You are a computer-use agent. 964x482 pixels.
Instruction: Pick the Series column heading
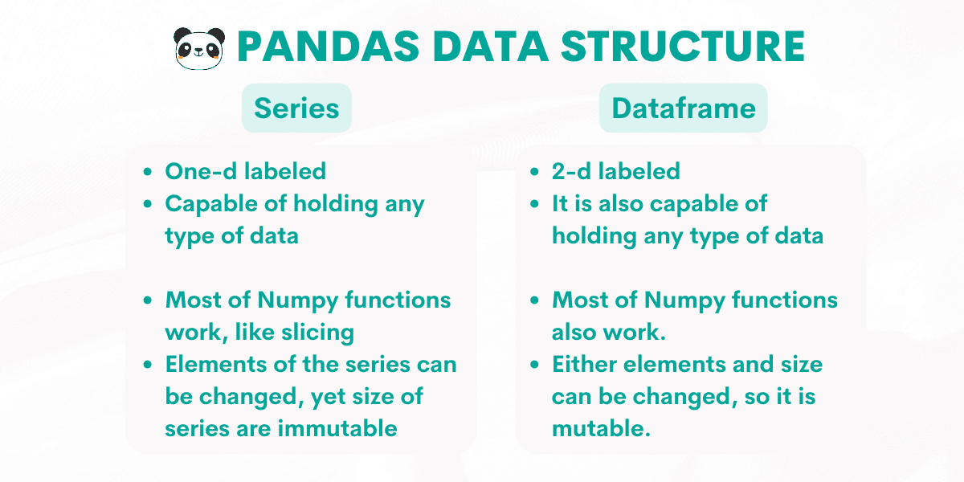(x=296, y=108)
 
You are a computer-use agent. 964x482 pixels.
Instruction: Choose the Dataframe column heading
(x=683, y=108)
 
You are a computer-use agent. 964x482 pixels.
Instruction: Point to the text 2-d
(x=571, y=171)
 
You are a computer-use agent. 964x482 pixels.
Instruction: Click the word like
(x=284, y=333)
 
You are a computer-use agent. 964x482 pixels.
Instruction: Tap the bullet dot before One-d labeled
(x=147, y=172)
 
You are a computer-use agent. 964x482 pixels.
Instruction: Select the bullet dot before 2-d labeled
(x=534, y=172)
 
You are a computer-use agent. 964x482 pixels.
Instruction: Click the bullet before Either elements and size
(x=534, y=365)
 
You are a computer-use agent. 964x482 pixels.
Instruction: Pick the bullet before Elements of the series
(x=147, y=365)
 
